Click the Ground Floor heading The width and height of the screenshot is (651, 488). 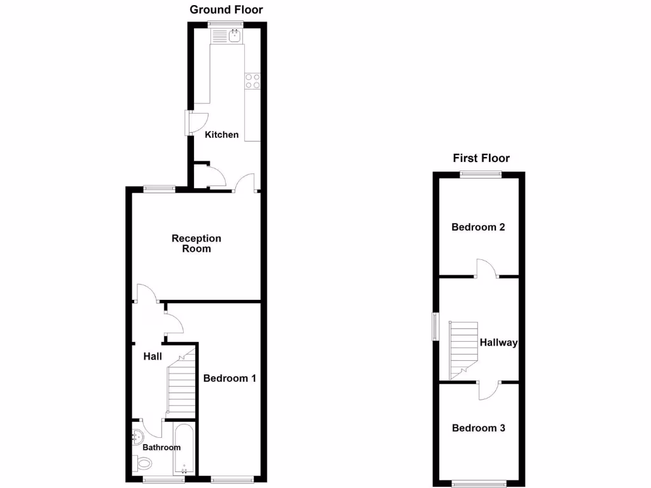[226, 10]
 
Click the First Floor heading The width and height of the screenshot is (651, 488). [481, 158]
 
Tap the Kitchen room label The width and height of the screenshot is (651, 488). [222, 135]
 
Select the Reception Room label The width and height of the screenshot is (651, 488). [196, 243]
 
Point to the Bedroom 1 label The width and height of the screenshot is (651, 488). [230, 378]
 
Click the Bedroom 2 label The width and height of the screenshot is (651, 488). [478, 227]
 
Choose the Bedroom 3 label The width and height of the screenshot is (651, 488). [479, 428]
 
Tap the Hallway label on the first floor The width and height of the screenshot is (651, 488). [498, 342]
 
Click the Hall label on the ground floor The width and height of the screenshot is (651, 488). [152, 356]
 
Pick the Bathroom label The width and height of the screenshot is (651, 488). [161, 447]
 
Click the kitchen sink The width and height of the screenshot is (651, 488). [235, 36]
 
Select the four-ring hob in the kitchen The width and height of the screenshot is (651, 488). [252, 81]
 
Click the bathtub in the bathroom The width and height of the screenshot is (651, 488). [185, 451]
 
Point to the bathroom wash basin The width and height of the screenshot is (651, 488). [139, 437]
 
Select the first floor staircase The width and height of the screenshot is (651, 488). [464, 348]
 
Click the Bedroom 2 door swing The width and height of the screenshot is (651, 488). [486, 268]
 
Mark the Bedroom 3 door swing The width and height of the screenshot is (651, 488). [488, 390]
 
